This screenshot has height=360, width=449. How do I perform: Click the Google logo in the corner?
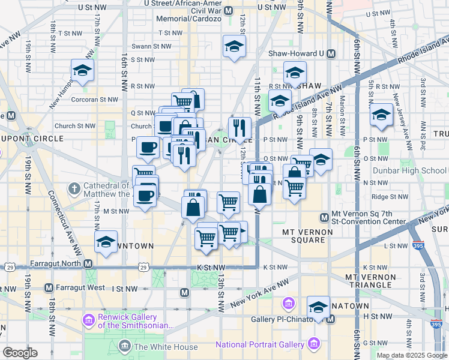point(20,353)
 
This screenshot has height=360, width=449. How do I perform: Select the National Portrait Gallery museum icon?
point(313,344)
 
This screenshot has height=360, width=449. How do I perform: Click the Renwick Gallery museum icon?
point(89,319)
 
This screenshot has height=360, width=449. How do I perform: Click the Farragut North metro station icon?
point(88,263)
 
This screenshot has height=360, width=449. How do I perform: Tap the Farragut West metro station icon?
point(49,289)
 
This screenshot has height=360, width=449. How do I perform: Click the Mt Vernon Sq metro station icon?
point(324,217)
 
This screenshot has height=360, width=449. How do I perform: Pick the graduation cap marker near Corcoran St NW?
point(82,71)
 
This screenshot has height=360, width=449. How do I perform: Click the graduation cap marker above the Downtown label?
point(106,242)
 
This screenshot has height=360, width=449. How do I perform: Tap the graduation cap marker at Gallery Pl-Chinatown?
point(318,308)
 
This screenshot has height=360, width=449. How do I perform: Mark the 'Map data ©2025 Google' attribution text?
point(411,355)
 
